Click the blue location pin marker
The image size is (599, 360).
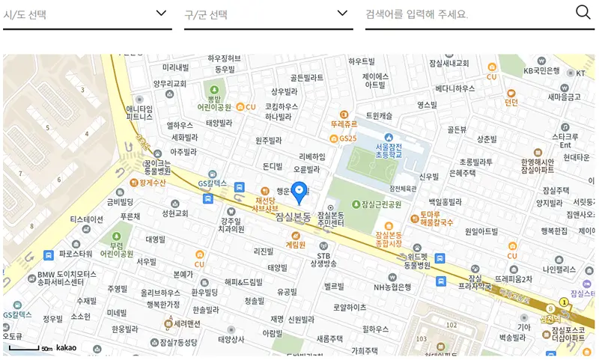pyautogui.click(x=299, y=192)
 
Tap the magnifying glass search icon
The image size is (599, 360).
pyautogui.click(x=583, y=12)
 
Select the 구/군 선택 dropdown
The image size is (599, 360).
pyautogui.click(x=268, y=14)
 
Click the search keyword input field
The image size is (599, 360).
pyautogui.click(x=468, y=14)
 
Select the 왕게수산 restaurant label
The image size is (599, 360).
pyautogui.click(x=150, y=182)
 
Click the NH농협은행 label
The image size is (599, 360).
pyautogui.click(x=393, y=287)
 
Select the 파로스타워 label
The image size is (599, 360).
pyautogui.click(x=75, y=254)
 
